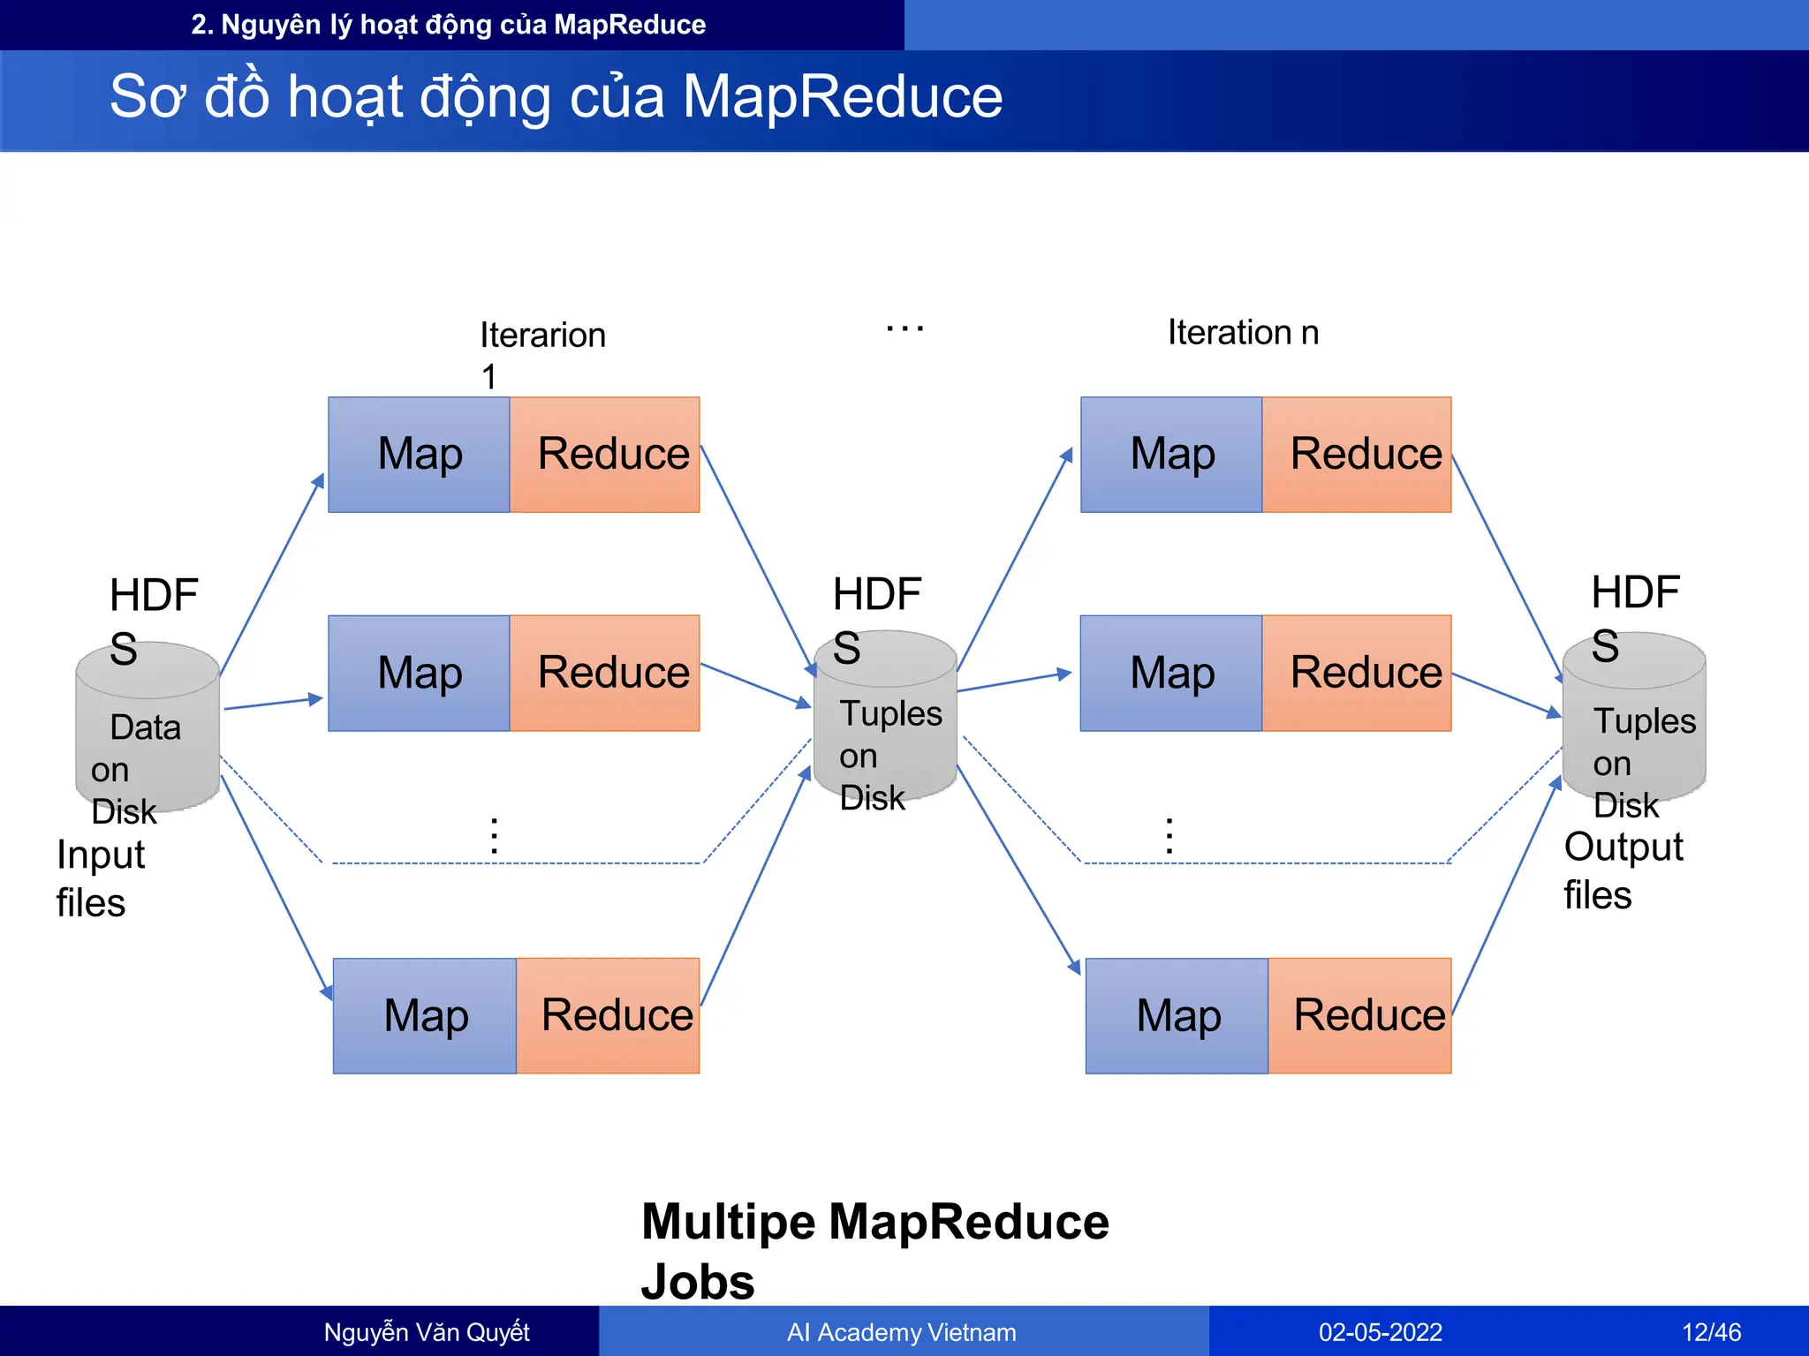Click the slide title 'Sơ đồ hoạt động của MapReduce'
pyautogui.click(x=556, y=96)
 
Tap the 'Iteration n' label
pyautogui.click(x=1242, y=333)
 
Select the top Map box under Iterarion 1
pyautogui.click(x=420, y=455)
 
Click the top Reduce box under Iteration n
pyautogui.click(x=1357, y=455)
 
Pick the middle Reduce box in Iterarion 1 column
pyautogui.click(x=605, y=673)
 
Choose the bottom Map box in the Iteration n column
pyautogui.click(x=1177, y=1015)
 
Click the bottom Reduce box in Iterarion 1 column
pyautogui.click(x=609, y=1015)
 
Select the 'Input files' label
pyautogui.click(x=99, y=878)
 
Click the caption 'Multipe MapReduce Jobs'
pyautogui.click(x=874, y=1250)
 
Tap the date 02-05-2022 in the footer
pyautogui.click(x=1380, y=1331)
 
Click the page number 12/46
pyautogui.click(x=1711, y=1331)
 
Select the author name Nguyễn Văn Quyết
pyautogui.click(x=427, y=1331)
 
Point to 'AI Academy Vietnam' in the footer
pyautogui.click(x=901, y=1331)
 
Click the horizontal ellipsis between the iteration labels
pyautogui.click(x=904, y=328)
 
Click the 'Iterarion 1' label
pyautogui.click(x=541, y=353)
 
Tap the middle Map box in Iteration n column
pyautogui.click(x=1171, y=673)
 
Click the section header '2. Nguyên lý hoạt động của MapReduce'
pyautogui.click(x=448, y=25)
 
